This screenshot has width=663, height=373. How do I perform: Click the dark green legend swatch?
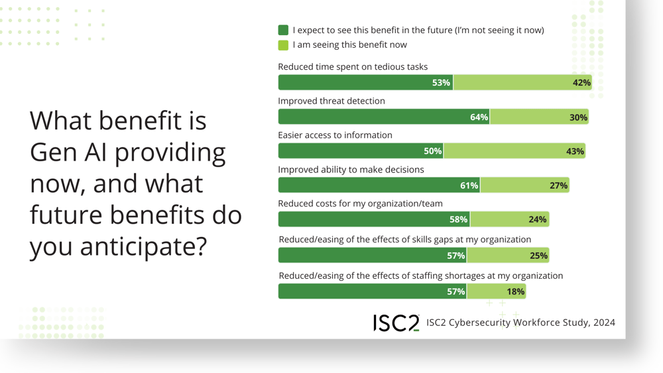(283, 30)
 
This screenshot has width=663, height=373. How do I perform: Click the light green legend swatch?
(283, 45)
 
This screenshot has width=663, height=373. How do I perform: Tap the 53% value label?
(441, 83)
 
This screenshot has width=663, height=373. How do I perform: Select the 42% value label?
(581, 83)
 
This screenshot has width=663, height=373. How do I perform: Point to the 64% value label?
(479, 117)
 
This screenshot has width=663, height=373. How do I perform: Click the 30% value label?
(578, 117)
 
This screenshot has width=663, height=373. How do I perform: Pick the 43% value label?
(575, 151)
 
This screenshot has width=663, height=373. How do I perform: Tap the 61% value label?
(469, 186)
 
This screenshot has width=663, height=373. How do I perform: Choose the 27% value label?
(558, 186)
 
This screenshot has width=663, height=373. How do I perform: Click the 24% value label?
(538, 220)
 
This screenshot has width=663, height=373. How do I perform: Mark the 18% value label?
(515, 291)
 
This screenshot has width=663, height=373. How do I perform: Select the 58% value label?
(458, 220)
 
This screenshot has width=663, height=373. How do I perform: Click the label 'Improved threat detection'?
(331, 101)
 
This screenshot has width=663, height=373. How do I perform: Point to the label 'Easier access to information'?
(335, 135)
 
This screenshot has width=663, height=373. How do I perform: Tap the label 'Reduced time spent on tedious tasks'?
(353, 67)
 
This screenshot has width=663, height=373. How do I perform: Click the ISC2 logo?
(396, 323)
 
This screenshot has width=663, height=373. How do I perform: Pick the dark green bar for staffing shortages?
(372, 291)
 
